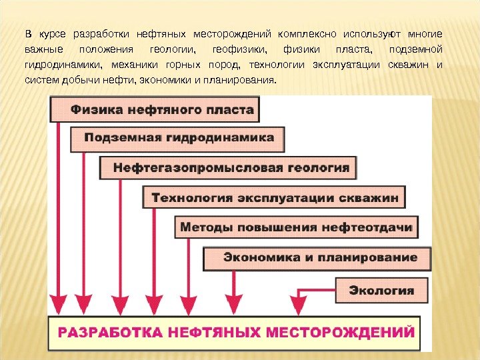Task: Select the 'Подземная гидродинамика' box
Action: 178,139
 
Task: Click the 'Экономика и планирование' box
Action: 319,257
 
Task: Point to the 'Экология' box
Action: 382,290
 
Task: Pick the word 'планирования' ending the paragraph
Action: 242,81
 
